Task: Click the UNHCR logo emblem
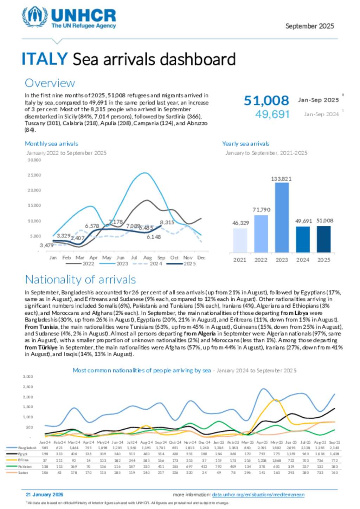(x=34, y=17)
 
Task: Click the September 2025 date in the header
(x=309, y=26)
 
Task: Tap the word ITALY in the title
(x=44, y=59)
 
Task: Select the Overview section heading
(x=50, y=83)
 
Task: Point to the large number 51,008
(x=266, y=100)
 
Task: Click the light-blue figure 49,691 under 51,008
(x=272, y=114)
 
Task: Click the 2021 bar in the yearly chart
(x=240, y=240)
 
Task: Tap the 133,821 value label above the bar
(x=281, y=179)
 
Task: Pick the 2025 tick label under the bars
(x=323, y=260)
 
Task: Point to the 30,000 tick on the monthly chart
(x=34, y=160)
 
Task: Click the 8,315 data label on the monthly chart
(x=167, y=222)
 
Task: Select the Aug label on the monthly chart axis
(x=147, y=257)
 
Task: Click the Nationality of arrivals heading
(x=80, y=280)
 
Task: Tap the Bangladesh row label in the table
(x=27, y=448)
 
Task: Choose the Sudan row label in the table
(x=23, y=472)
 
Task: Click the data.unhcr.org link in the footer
(x=258, y=495)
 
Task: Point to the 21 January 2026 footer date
(x=45, y=495)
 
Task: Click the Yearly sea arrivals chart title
(x=245, y=144)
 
